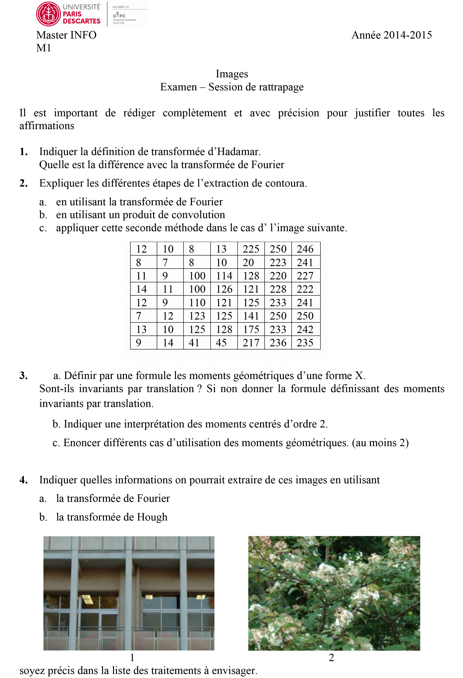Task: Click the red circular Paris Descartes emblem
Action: pos(48,14)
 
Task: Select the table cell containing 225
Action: pos(251,249)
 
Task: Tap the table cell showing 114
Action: pos(224,276)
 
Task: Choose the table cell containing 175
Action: pos(251,329)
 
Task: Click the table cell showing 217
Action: pos(251,342)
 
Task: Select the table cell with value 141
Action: pos(251,316)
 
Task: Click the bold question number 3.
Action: pos(24,375)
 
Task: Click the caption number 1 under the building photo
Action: pos(132,657)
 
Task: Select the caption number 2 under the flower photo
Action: pos(331,657)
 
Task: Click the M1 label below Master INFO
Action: pos(43,48)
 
